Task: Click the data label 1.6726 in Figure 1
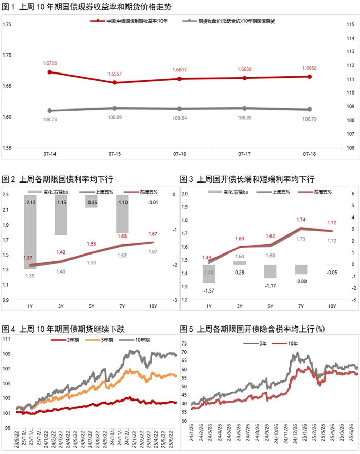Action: click(x=49, y=63)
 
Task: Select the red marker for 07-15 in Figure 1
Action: click(x=114, y=82)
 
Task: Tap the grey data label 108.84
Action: click(x=179, y=118)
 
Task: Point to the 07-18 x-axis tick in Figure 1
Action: click(x=310, y=154)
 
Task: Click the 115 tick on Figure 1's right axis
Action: click(x=351, y=25)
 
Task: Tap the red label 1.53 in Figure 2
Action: click(x=92, y=244)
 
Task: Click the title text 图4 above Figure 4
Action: click(x=9, y=329)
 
